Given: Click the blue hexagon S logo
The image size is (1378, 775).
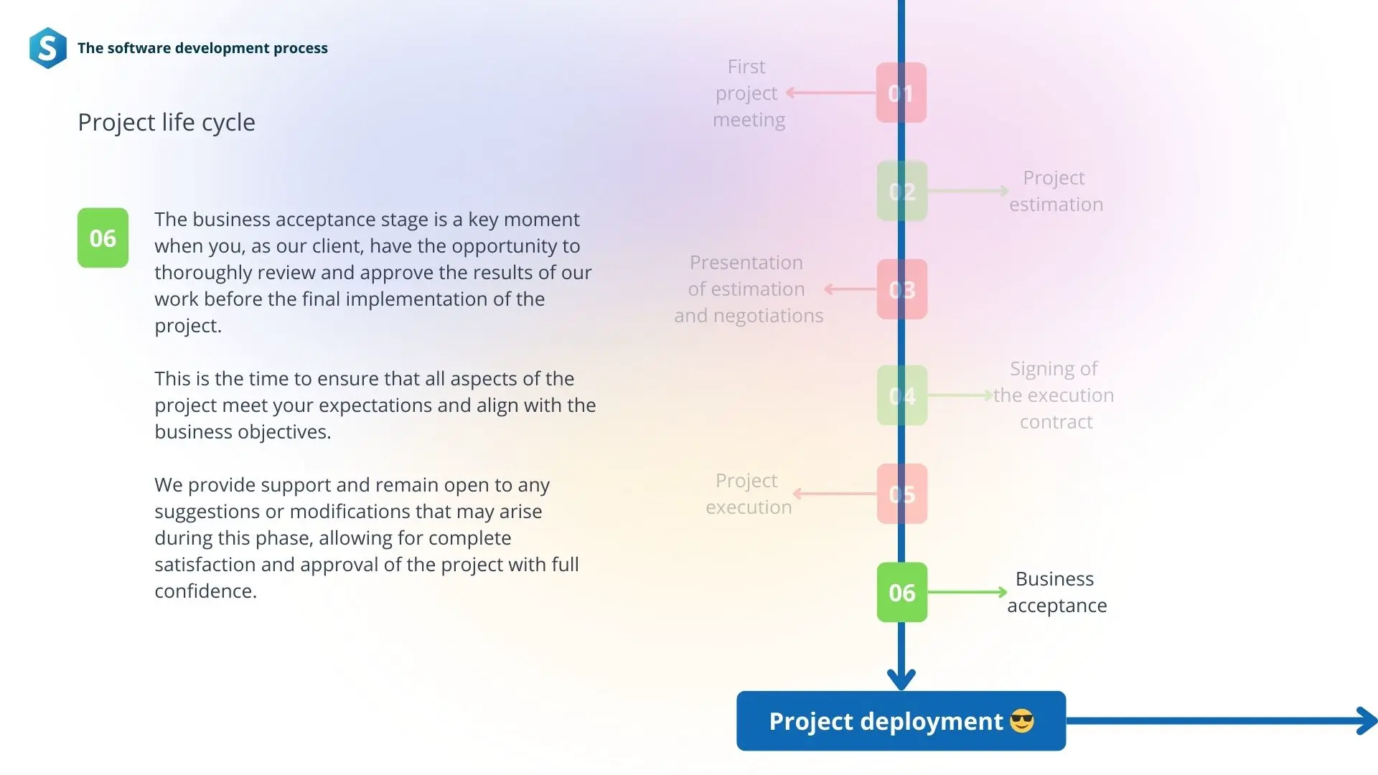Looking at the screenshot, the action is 48,48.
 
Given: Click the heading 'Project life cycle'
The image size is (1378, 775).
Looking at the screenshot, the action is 167,123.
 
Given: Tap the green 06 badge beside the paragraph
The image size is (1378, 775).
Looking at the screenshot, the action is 103,238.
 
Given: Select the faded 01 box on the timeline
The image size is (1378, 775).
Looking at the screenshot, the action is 901,93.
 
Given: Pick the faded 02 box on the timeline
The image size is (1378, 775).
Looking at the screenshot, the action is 902,191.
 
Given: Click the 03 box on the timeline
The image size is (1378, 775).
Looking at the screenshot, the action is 902,289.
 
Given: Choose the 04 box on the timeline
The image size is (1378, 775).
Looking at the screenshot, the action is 902,395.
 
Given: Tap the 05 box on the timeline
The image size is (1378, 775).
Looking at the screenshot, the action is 902,494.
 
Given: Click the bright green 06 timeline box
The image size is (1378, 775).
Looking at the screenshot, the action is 902,592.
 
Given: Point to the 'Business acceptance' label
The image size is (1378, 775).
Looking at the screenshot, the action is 1056,592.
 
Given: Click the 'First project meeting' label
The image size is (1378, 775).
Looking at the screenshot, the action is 749,93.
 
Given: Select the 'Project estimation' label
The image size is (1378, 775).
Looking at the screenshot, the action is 1056,191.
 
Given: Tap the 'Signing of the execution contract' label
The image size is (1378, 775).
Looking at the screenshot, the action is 1054,395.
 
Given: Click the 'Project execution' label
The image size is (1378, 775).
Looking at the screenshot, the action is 749,494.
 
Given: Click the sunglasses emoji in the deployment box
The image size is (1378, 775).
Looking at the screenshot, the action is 1022,720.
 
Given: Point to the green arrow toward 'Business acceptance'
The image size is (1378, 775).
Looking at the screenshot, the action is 967,592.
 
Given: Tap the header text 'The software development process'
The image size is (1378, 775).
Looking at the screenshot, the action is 202,48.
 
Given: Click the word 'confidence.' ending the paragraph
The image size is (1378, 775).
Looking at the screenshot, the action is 205,591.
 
